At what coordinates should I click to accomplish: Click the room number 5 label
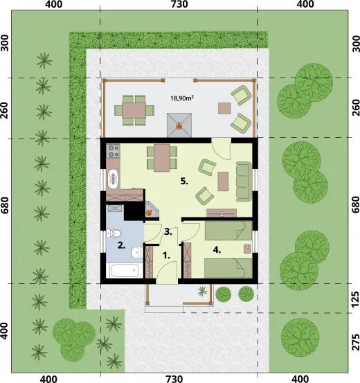183,181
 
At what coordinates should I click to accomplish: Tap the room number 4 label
216,251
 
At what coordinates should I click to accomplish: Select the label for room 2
120,244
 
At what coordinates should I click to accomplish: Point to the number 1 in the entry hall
165,255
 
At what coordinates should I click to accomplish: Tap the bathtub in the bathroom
125,271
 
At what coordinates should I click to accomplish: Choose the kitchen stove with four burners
113,149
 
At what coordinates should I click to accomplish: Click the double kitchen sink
112,177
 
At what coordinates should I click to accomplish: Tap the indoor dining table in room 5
161,157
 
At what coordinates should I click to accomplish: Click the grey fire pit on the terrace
179,125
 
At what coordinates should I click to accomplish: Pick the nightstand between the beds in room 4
246,248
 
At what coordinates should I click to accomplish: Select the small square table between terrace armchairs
224,107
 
